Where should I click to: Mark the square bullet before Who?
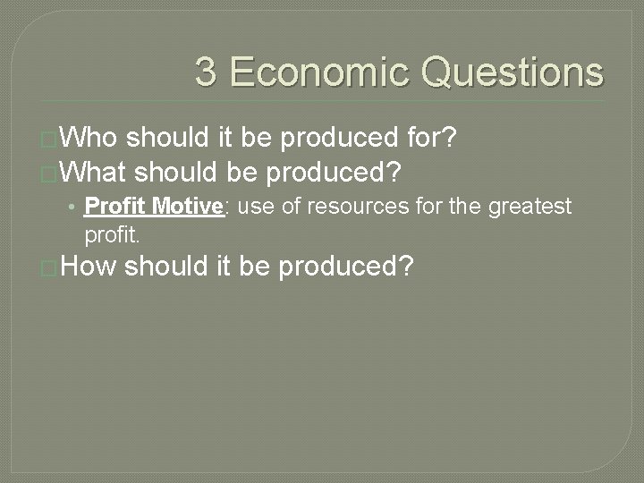(50, 140)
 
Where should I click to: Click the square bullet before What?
(50, 171)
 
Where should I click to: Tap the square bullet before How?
(50, 268)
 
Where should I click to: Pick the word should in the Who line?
(168, 138)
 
